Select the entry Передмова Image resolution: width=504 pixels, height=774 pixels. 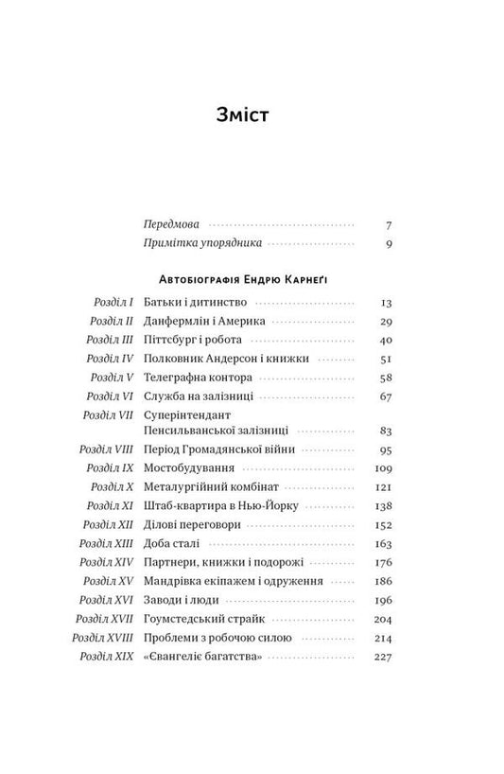click(171, 225)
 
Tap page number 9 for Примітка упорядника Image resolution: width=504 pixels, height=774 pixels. click(388, 244)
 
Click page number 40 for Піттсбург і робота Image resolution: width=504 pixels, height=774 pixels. click(385, 340)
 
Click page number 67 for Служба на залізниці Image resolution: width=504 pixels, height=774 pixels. click(385, 396)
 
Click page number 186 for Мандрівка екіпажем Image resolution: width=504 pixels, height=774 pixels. click(383, 580)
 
